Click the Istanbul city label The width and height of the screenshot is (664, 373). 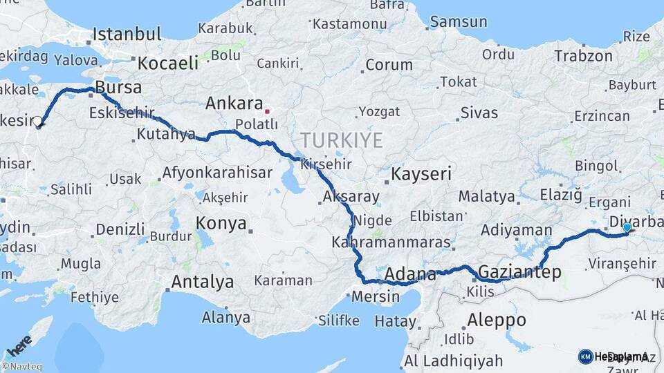pyautogui.click(x=127, y=34)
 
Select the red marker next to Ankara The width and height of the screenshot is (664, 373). pyautogui.click(x=267, y=109)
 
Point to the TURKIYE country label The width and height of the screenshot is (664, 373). pyautogui.click(x=342, y=141)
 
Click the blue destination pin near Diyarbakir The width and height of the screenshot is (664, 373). pyautogui.click(x=627, y=227)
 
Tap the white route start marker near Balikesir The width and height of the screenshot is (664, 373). pyautogui.click(x=37, y=122)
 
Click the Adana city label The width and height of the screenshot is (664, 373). pyautogui.click(x=410, y=274)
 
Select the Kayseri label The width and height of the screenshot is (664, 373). pyautogui.click(x=422, y=174)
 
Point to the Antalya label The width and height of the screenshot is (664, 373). pyautogui.click(x=202, y=282)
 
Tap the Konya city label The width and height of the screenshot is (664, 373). pyautogui.click(x=221, y=224)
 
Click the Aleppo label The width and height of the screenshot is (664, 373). pyautogui.click(x=497, y=321)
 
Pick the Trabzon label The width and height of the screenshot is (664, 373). pyautogui.click(x=584, y=57)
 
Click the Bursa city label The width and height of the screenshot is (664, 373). pyautogui.click(x=118, y=88)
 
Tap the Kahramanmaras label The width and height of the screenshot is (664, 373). pyautogui.click(x=391, y=243)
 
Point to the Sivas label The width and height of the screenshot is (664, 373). pyautogui.click(x=479, y=112)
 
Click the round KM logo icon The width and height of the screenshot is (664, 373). pyautogui.click(x=585, y=356)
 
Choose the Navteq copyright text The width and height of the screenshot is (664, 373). pyautogui.click(x=21, y=367)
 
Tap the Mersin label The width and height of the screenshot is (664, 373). pyautogui.click(x=376, y=297)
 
